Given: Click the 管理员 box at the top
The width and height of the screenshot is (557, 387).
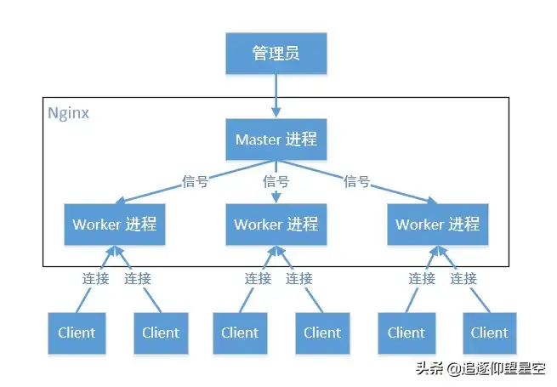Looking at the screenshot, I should point(276,54).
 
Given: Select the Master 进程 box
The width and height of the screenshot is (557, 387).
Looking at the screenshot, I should point(276,139).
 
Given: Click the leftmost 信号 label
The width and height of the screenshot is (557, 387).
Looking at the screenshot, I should point(195,181).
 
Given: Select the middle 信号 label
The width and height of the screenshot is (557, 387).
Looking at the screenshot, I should point(276,181).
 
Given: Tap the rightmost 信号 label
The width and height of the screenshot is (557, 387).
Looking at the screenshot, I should point(356,181).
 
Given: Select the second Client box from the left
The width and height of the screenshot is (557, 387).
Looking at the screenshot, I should point(161,333).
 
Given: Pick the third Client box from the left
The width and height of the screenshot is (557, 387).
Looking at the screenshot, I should point(239,333).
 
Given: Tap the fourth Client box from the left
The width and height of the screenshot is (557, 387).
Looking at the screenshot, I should point(321,333).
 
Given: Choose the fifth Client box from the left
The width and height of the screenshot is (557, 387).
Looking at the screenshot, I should point(406,333).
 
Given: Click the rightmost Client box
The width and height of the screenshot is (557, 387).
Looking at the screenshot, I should point(489,333).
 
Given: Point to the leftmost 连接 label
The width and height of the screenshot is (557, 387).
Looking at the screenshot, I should point(95,278).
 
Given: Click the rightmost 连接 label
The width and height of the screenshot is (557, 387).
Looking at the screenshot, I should point(463,278).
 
